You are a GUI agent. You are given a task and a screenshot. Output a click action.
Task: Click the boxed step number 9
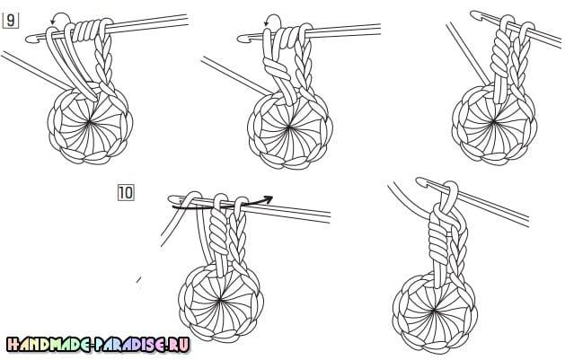[x=11, y=21]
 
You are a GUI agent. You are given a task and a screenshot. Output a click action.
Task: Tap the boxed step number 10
[x=126, y=193]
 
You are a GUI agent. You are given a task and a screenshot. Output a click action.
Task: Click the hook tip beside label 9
[x=30, y=39]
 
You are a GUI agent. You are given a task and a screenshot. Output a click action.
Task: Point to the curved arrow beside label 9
[x=59, y=17]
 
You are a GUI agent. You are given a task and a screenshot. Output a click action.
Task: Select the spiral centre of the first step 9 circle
[x=89, y=123]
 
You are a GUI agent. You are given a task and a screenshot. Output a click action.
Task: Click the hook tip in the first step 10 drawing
[x=172, y=199]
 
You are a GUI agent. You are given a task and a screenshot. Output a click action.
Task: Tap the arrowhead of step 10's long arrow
[x=268, y=198]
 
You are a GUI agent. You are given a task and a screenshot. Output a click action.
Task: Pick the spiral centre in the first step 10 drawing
[x=220, y=300]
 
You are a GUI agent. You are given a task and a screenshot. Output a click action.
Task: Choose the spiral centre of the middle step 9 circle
[x=289, y=127]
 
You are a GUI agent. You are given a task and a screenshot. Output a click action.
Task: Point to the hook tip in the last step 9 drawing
[x=475, y=14]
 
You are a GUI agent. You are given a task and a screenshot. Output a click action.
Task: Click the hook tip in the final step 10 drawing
[x=420, y=181]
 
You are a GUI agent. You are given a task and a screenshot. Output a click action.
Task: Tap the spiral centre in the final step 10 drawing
[x=435, y=310]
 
